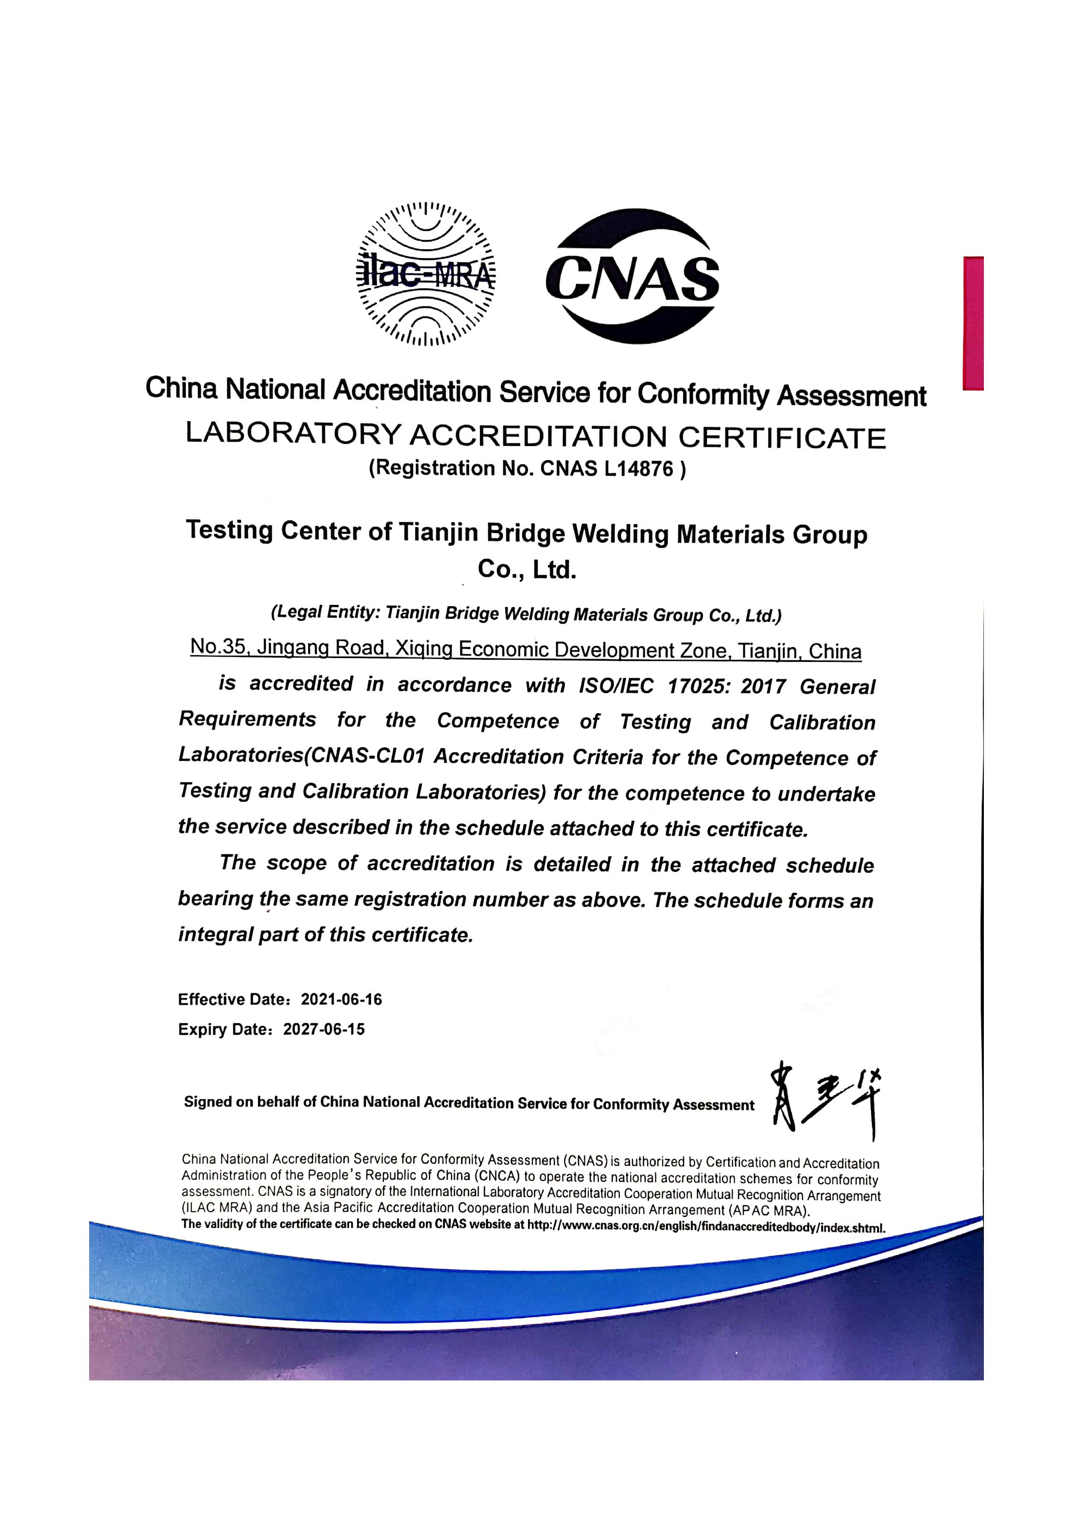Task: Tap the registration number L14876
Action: pyautogui.click(x=639, y=469)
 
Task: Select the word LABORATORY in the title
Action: pyautogui.click(x=293, y=433)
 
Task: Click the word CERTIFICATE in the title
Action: pyautogui.click(x=782, y=438)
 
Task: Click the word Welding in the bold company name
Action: pyautogui.click(x=620, y=533)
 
